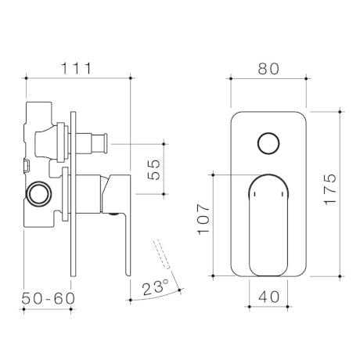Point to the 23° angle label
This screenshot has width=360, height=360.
coord(156,288)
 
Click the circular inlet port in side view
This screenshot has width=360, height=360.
coord(37,192)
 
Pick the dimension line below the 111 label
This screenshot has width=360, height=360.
coord(77,78)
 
